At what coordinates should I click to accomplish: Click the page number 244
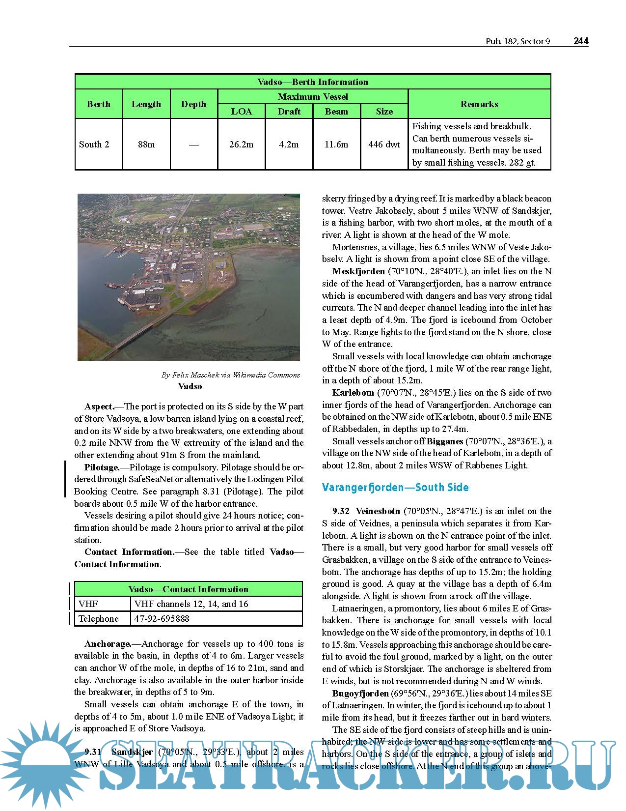[581, 41]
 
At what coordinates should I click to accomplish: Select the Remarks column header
[479, 104]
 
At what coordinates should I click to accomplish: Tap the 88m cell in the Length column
[146, 145]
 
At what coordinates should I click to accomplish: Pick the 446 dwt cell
[384, 145]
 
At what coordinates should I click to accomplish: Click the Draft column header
[289, 112]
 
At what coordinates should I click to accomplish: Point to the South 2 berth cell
[94, 145]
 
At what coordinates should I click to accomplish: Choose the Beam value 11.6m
[336, 145]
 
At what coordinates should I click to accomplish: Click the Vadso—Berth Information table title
[312, 82]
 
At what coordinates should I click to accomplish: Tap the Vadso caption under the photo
[190, 386]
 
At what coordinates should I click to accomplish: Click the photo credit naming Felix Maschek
[231, 375]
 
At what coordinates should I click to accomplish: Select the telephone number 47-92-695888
[162, 619]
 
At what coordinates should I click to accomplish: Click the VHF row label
[88, 604]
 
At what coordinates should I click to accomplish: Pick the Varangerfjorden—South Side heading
[395, 488]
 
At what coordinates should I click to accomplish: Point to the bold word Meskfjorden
[358, 271]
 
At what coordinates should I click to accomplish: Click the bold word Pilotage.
[102, 467]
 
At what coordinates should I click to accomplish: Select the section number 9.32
[341, 511]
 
